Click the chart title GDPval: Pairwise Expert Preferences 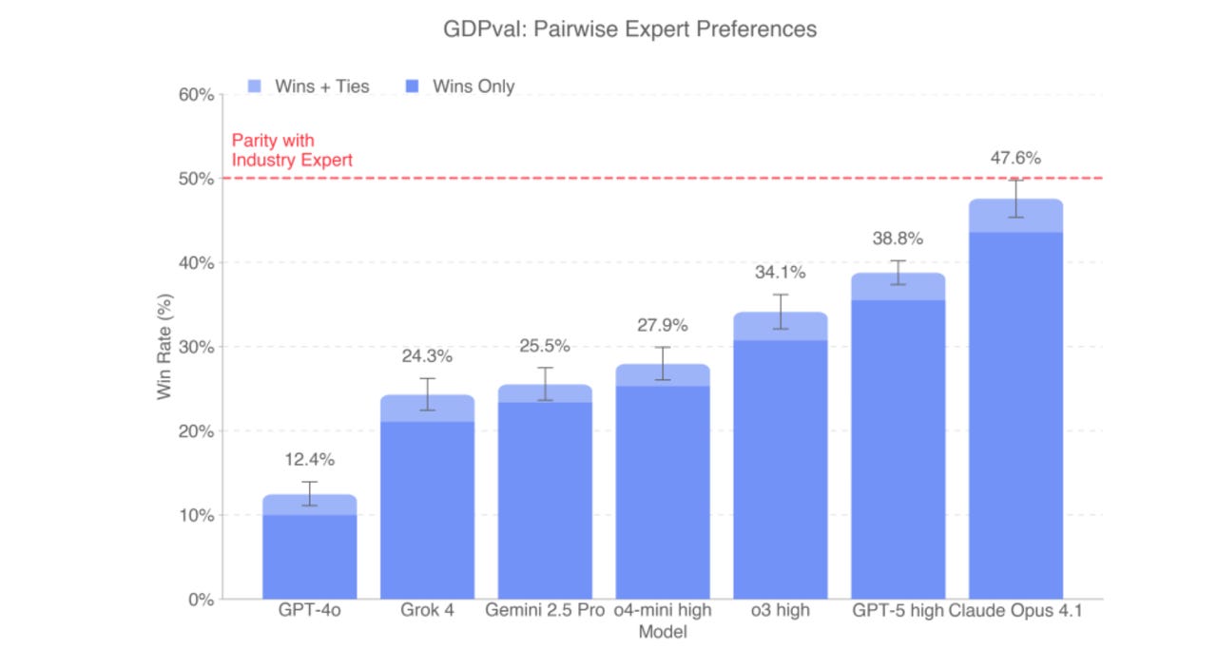[629, 29]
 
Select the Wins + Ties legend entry [310, 86]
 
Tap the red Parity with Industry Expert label [292, 150]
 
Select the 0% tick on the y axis [199, 600]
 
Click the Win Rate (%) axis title [165, 348]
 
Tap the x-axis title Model [662, 632]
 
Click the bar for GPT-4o [309, 551]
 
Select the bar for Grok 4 [427, 504]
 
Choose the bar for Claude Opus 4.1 [1015, 409]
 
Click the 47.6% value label [1015, 158]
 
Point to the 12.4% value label [309, 460]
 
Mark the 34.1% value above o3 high [780, 273]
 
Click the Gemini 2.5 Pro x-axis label [545, 611]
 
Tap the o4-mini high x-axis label [662, 611]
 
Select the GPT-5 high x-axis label [898, 611]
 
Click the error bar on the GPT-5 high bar [898, 273]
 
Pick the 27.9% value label [662, 325]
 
